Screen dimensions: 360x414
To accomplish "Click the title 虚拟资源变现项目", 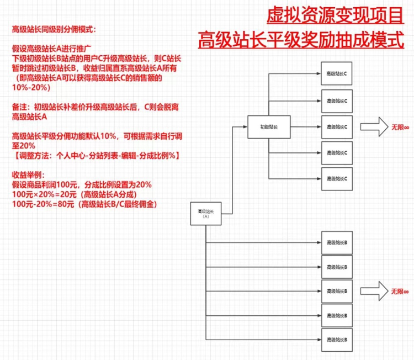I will tap(335, 15).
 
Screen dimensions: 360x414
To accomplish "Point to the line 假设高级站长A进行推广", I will tap(51, 48).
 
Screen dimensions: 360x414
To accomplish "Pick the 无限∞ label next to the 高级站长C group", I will tap(400, 127).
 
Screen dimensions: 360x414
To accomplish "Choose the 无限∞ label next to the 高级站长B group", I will tap(400, 291).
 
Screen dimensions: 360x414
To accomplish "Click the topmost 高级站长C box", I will tap(337, 73).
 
